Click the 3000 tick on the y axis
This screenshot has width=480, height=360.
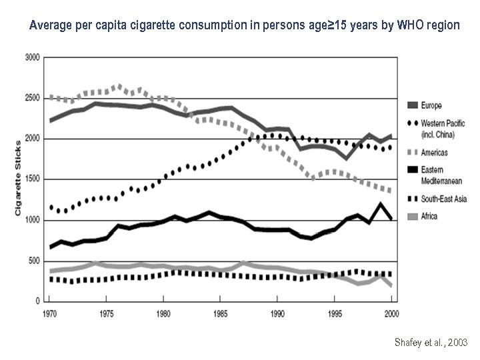32,58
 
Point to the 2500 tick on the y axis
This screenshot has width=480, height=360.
32,98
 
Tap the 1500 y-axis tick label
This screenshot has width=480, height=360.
32,179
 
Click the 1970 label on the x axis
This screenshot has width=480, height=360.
49,312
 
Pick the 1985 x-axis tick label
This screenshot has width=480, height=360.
221,312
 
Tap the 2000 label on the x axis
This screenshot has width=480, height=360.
391,312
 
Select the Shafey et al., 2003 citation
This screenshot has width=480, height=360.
431,343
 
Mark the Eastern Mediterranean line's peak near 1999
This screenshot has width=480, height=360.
381,205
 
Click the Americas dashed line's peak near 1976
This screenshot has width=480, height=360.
118,86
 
